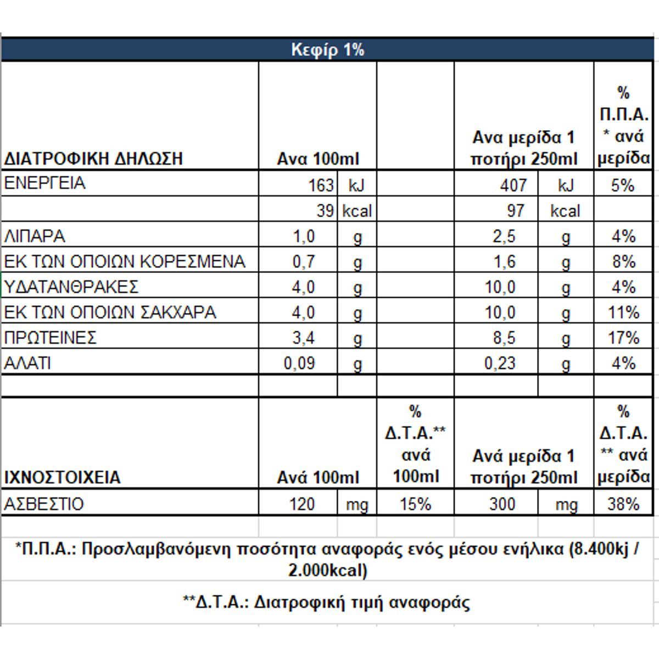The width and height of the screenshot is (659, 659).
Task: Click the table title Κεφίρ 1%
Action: [x=327, y=50]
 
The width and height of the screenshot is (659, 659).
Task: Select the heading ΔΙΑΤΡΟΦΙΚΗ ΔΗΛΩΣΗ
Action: [x=93, y=159]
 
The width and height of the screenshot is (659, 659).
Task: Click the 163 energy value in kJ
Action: [x=321, y=186]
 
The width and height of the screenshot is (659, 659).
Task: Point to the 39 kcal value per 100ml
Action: [x=326, y=211]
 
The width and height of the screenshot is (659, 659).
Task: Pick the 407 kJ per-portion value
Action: [x=513, y=186]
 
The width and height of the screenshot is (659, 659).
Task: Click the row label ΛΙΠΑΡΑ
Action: [x=35, y=237]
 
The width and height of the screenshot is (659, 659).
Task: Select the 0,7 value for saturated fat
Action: [x=303, y=262]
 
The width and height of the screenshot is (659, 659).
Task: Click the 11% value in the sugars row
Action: [x=623, y=312]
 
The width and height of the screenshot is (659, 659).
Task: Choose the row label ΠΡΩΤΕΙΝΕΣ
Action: [x=51, y=337]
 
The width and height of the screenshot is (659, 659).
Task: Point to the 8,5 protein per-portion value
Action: [x=504, y=338]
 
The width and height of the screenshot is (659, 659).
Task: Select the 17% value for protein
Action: [x=623, y=338]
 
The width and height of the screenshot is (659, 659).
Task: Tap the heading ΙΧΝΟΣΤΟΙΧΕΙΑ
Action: [x=62, y=477]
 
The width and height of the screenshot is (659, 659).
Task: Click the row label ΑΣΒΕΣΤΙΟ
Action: [x=44, y=504]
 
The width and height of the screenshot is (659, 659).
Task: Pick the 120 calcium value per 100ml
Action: [x=301, y=504]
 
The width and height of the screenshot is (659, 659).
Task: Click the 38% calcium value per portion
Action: [x=623, y=504]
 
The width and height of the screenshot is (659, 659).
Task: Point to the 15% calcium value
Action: [x=415, y=504]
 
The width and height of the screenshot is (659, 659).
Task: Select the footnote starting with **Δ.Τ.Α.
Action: [x=327, y=602]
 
